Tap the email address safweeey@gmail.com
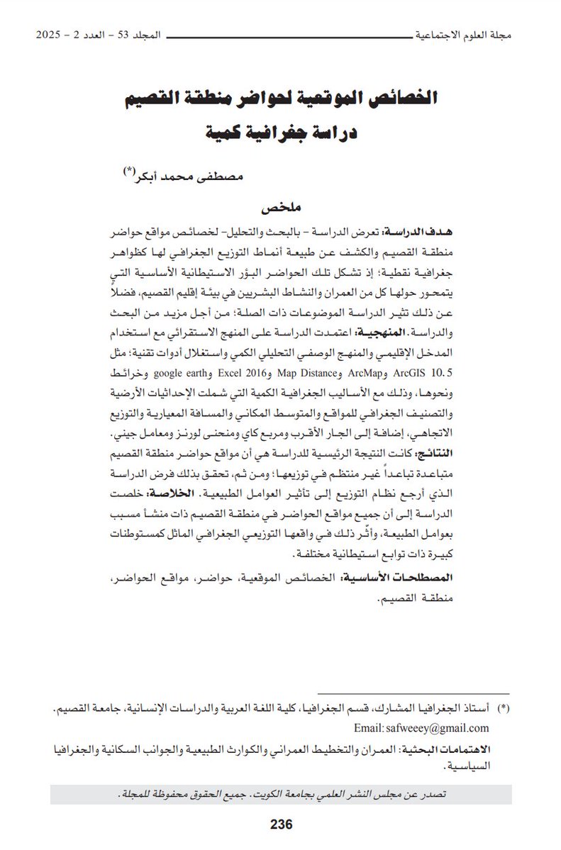pyautogui.click(x=439, y=728)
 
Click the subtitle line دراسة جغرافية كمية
pyautogui.click(x=281, y=131)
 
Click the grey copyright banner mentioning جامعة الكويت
pyautogui.click(x=281, y=793)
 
